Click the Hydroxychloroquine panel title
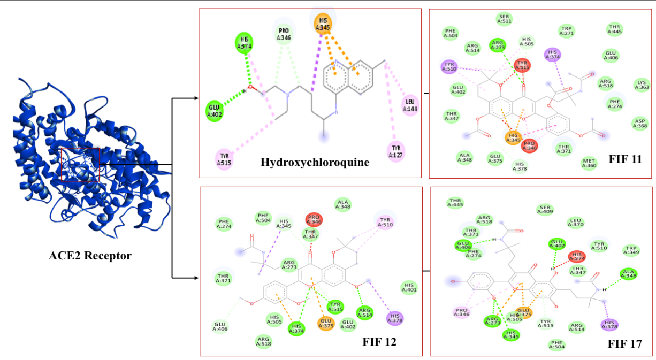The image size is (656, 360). (315, 162)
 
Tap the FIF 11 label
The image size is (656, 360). (625, 159)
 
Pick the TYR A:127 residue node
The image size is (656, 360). (396, 151)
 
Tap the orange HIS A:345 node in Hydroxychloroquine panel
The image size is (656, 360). (323, 24)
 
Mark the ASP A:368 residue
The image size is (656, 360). (639, 123)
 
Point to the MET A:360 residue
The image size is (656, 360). (589, 163)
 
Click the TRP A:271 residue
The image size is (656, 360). (566, 30)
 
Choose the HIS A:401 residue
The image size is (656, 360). (409, 287)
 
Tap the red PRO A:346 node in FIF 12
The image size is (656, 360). (314, 219)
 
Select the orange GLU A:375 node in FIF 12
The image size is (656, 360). (326, 323)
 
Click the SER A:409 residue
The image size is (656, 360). (545, 209)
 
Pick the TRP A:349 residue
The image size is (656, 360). (631, 250)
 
